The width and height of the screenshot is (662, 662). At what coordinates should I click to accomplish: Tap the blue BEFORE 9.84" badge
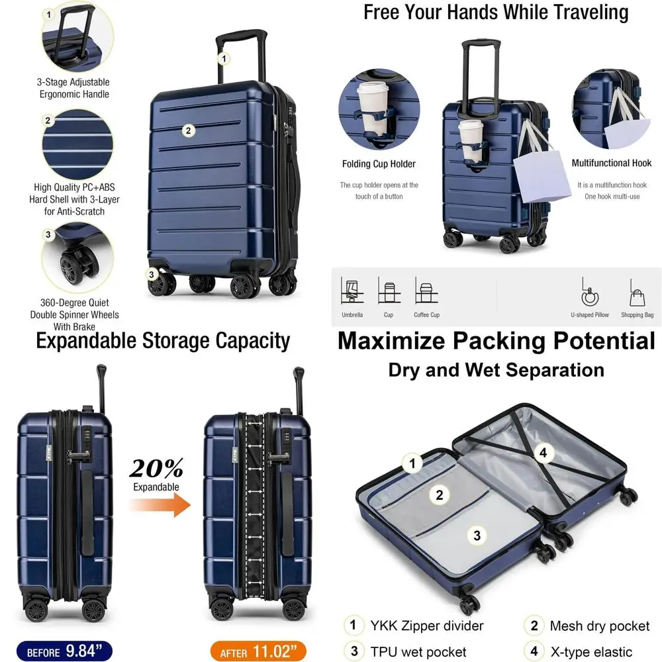tap(65, 651)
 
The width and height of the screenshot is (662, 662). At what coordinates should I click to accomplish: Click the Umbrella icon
tap(352, 291)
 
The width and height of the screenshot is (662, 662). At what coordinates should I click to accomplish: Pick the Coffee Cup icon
tap(425, 291)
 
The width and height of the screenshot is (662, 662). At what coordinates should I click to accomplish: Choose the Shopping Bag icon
tap(637, 292)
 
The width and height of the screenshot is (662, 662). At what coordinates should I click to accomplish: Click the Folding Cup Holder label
tap(379, 164)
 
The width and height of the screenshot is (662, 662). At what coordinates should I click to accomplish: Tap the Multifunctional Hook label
tap(611, 163)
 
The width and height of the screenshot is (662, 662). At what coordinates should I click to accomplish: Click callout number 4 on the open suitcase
tap(544, 453)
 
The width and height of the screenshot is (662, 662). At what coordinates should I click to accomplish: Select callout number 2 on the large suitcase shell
tap(188, 130)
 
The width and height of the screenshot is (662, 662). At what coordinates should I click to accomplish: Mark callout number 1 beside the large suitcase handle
tap(224, 59)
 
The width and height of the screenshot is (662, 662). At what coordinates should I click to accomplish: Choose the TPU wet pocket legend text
tap(418, 652)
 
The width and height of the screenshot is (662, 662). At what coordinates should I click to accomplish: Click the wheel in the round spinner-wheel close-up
tap(71, 268)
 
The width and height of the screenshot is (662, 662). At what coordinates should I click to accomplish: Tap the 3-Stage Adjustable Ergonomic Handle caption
tap(73, 88)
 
